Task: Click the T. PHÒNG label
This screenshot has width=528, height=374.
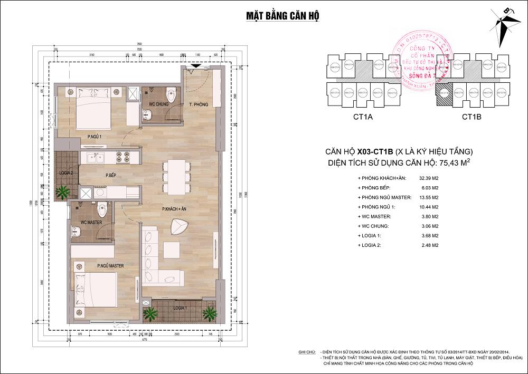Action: click(x=199, y=104)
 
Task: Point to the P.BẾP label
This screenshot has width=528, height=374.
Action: click(x=111, y=175)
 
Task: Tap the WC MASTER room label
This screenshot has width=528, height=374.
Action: click(x=91, y=223)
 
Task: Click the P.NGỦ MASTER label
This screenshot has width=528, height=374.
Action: click(x=110, y=266)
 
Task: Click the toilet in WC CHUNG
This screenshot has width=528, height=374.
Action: click(x=170, y=95)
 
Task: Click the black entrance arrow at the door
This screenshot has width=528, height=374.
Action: click(x=195, y=65)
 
